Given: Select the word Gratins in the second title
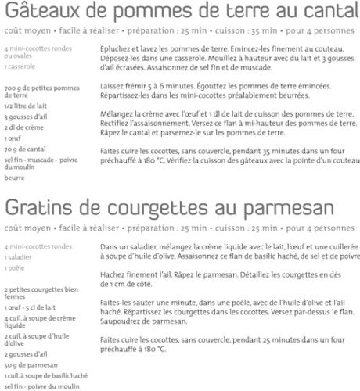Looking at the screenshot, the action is pos(35,212).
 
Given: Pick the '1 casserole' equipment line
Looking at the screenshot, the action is pos(20,66).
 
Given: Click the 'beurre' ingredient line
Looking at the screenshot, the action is pos(13,178).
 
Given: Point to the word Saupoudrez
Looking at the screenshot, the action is pos(121,320).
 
